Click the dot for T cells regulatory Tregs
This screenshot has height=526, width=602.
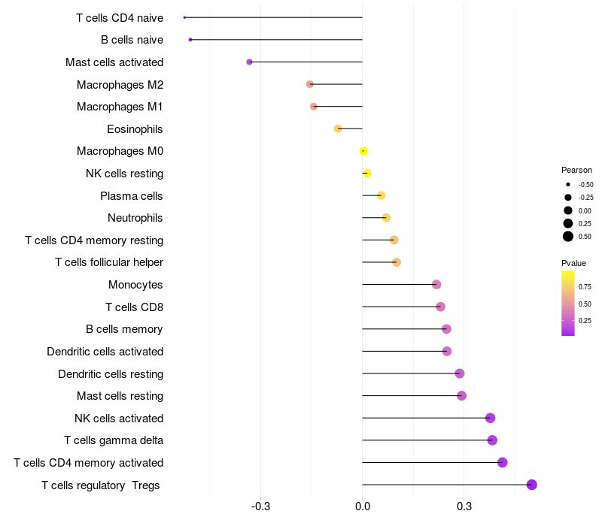531,485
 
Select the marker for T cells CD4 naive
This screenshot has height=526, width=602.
184,17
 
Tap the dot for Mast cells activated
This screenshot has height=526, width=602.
249,62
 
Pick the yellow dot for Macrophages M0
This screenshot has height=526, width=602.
363,151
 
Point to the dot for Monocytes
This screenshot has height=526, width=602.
436,285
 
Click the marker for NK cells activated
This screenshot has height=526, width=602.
490,418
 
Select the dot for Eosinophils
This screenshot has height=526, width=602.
338,128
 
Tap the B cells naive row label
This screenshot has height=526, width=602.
132,40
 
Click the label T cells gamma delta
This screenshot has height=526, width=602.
114,440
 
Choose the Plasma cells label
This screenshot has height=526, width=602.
132,196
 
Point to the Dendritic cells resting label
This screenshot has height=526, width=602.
111,373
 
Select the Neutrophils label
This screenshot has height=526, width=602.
135,218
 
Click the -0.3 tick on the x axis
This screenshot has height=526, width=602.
260,506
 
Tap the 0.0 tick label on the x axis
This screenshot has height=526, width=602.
363,506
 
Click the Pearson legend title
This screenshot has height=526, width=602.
576,170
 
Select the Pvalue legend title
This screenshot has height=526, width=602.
573,263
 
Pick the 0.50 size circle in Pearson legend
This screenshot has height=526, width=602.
568,237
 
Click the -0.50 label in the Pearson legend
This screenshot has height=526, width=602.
585,185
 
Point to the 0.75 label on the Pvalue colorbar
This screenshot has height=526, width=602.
585,286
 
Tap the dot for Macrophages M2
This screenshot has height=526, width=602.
310,84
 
